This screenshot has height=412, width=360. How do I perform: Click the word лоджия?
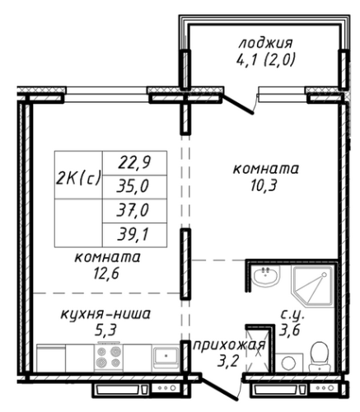(x=266, y=44)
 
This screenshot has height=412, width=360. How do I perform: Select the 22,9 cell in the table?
(x=134, y=163)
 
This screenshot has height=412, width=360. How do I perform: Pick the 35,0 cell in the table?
(x=134, y=187)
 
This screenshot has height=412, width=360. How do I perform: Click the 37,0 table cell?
(x=134, y=211)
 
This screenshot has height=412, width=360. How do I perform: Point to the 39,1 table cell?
(x=134, y=235)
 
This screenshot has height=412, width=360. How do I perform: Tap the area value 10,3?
(x=264, y=186)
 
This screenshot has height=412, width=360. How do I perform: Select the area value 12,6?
(x=106, y=273)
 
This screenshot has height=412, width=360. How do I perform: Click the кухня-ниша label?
(x=105, y=314)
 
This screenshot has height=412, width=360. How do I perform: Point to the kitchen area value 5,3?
(x=105, y=330)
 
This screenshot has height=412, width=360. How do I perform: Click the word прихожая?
(x=229, y=346)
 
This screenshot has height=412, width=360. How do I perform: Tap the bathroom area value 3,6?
(x=289, y=330)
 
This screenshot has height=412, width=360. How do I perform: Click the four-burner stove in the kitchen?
(x=109, y=357)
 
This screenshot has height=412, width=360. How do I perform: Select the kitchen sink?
(x=166, y=357)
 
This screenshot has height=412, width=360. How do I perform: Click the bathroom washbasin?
(x=266, y=275)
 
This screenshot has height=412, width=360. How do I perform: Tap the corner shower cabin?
(x=313, y=287)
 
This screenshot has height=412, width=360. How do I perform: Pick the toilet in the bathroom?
(x=320, y=357)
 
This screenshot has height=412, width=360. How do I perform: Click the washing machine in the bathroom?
(x=289, y=363)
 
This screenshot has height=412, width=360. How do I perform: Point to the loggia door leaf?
(x=237, y=104)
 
